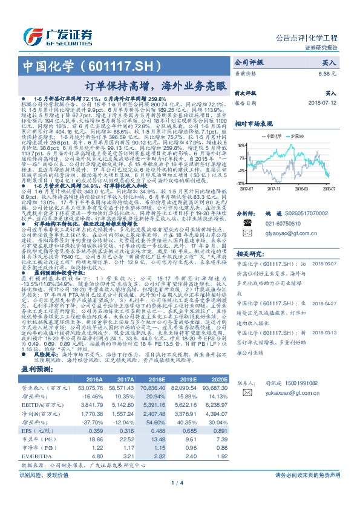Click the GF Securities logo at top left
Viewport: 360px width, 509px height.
click(60, 35)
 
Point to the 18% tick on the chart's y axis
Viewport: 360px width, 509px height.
click(241, 145)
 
